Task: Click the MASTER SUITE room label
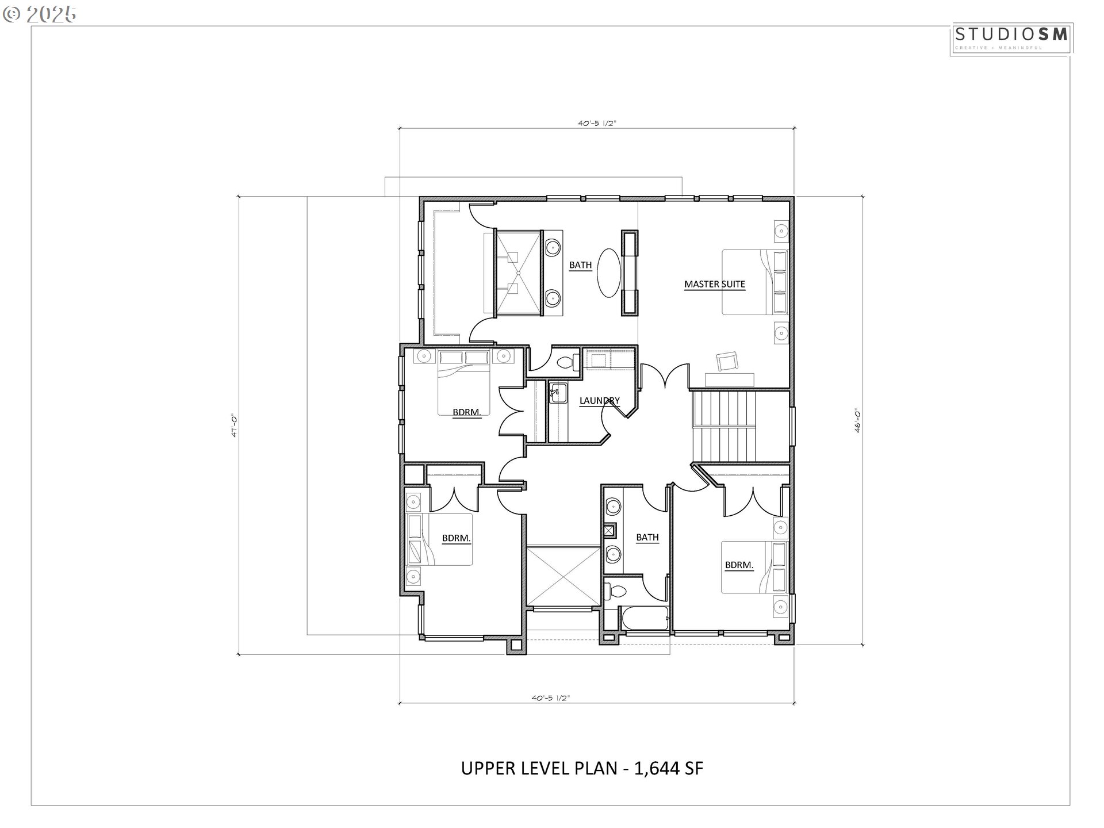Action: (x=714, y=284)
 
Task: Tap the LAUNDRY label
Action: (x=599, y=401)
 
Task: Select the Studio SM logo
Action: (x=1011, y=38)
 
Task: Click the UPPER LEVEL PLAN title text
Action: (x=582, y=768)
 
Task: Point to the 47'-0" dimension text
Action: (x=235, y=426)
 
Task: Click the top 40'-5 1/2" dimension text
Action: (x=597, y=122)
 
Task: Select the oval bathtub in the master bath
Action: (x=609, y=273)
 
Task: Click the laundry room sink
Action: (x=557, y=393)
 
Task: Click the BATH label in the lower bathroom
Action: (x=647, y=537)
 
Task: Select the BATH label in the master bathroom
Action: (x=580, y=265)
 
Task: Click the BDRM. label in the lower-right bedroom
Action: (x=739, y=565)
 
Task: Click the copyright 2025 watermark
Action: (x=39, y=14)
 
